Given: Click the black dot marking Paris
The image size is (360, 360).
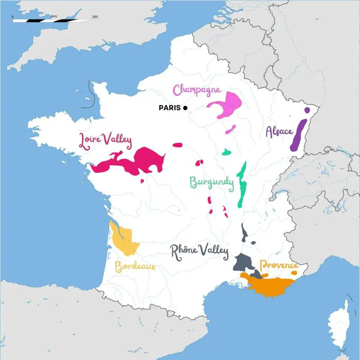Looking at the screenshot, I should click(185, 108).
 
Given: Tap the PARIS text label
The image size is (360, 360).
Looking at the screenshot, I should click(170, 108).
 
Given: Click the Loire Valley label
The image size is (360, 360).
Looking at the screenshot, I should click(105, 140).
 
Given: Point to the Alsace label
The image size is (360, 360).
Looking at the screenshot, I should click(279, 131).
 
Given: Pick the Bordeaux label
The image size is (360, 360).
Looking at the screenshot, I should click(135, 267).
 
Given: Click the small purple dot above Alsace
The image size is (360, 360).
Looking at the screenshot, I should click(307, 110).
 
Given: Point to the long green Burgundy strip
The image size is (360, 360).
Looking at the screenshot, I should click(242, 184).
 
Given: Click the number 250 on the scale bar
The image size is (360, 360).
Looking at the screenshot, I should click(95, 17).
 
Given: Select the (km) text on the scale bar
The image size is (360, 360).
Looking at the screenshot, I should click(54, 17).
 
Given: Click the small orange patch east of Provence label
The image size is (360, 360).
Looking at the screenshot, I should click(294, 273).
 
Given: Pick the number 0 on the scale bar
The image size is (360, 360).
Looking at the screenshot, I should click(13, 17).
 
